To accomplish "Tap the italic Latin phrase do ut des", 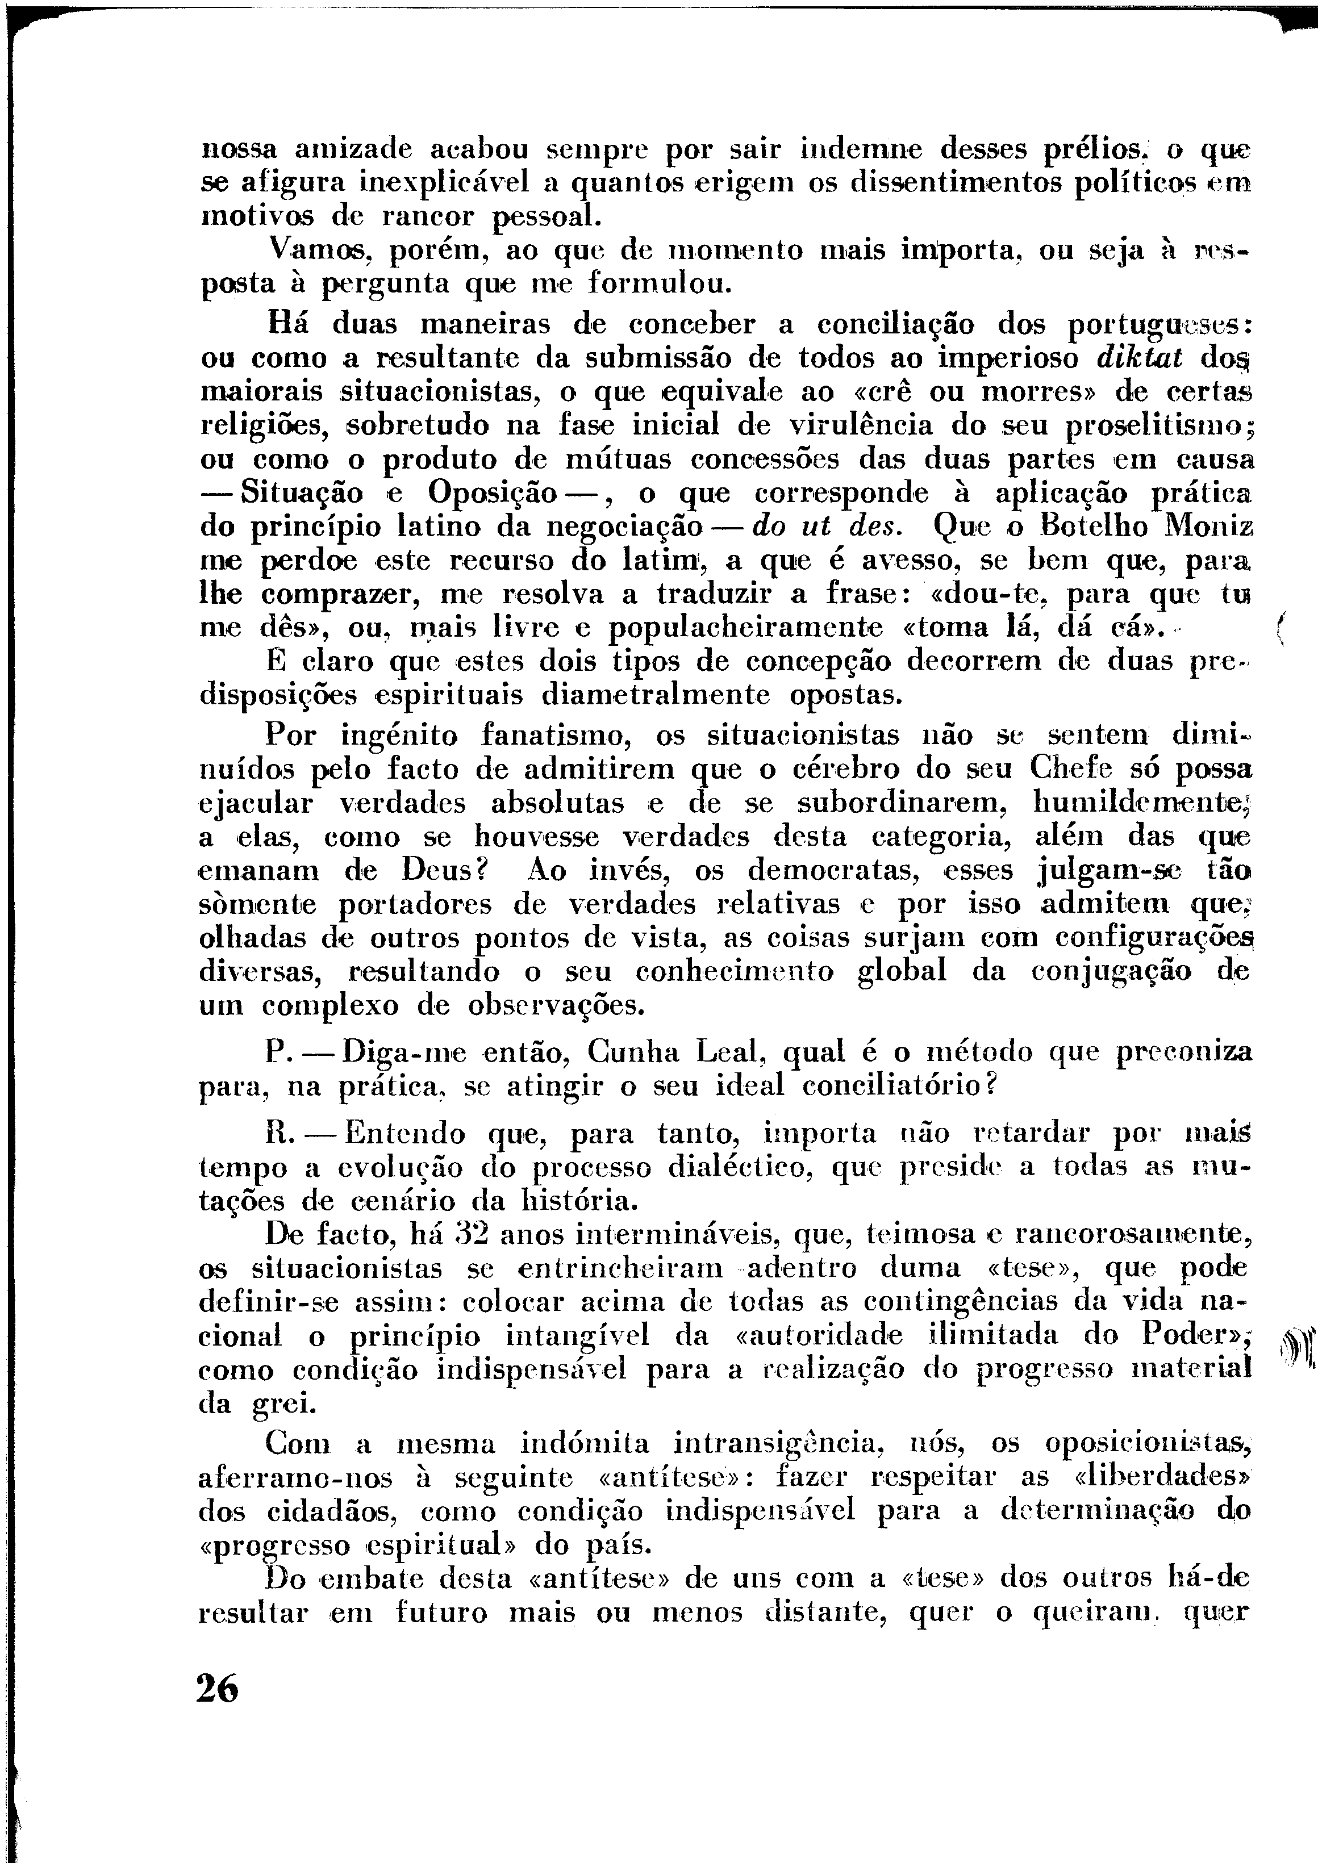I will pyautogui.click(x=826, y=527).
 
